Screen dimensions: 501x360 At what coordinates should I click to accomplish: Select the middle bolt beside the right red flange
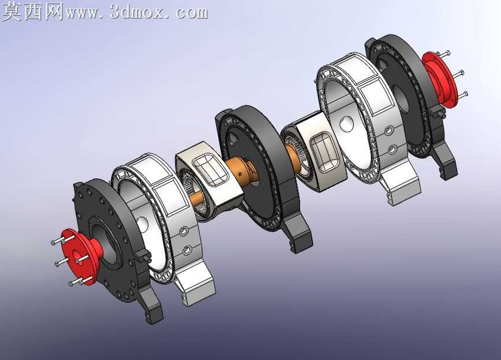(x=457, y=74)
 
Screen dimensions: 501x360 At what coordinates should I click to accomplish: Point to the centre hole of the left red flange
(x=77, y=255)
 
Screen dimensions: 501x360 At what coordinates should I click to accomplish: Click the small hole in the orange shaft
(x=240, y=174)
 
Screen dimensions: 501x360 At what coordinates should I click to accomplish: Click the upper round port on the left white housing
(x=184, y=231)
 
